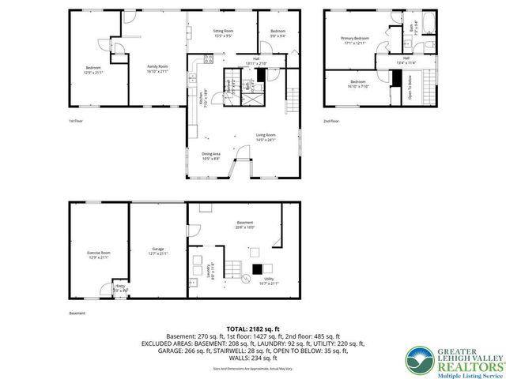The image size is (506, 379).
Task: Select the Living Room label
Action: point(266,138)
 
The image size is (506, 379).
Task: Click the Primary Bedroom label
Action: point(355,40)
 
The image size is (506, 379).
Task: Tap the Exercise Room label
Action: point(98,254)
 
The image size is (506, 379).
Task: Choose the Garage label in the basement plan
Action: point(158,251)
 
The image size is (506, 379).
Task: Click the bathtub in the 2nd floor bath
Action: point(427,24)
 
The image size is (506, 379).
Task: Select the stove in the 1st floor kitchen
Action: point(209,58)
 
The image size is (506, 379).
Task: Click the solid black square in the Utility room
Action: point(255,268)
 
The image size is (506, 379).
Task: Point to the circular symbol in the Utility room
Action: point(245,279)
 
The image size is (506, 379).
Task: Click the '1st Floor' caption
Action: point(75,121)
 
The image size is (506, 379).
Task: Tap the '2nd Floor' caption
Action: point(331,121)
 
